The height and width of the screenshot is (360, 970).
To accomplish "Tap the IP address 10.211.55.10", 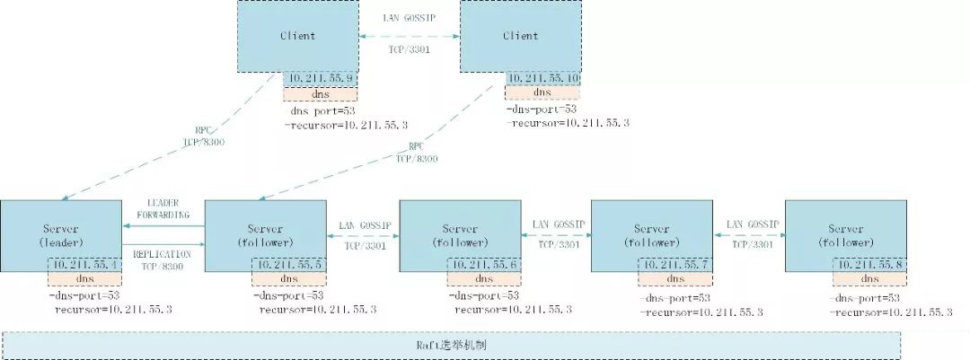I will click(x=542, y=79).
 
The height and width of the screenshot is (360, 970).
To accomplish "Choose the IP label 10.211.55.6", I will click(x=482, y=266).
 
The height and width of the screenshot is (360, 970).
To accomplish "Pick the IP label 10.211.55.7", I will click(x=675, y=266).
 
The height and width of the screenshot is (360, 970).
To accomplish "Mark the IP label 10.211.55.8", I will click(x=869, y=266).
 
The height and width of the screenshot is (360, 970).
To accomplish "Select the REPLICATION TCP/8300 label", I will click(x=163, y=260).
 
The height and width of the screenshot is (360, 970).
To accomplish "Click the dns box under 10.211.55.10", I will click(x=542, y=92).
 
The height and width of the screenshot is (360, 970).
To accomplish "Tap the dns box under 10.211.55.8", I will click(x=869, y=279).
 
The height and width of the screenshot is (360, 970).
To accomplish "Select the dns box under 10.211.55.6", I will click(x=482, y=279).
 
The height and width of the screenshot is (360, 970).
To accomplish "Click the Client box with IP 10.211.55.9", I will click(x=297, y=36).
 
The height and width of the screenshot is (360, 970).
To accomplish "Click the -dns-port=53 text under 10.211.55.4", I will click(x=84, y=294).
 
